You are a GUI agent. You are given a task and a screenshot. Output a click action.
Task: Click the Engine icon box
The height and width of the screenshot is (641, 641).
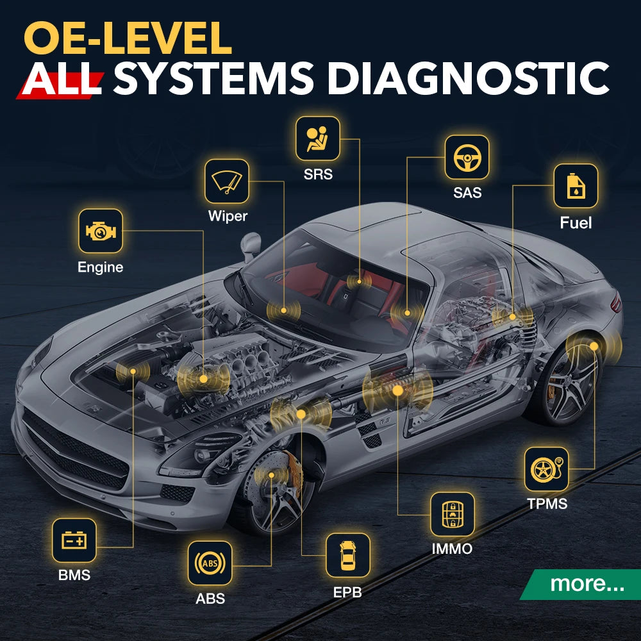coord(100,231)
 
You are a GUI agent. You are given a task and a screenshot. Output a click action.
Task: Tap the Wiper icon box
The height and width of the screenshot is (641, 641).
coord(227,181)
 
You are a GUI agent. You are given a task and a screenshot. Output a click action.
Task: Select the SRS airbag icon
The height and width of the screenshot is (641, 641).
coord(317,138)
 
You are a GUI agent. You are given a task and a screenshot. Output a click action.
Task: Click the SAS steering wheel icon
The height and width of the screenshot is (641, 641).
coord(467,157)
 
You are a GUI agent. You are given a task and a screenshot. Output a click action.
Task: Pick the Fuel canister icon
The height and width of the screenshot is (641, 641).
coord(575,186)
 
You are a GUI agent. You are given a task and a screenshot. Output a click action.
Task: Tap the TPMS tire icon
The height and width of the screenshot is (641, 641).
coord(546,469)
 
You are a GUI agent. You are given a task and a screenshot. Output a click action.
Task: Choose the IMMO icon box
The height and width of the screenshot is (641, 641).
coord(452,514)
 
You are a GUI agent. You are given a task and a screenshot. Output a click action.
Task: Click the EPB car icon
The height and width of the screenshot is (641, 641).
coord(347,555)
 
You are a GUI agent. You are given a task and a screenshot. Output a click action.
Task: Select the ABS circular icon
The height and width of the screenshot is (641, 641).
coord(210,563)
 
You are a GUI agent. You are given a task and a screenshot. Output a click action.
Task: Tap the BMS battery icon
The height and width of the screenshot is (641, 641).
coord(74,540)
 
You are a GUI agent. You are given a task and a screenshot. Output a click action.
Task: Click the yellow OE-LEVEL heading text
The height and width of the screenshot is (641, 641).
coord(128,38)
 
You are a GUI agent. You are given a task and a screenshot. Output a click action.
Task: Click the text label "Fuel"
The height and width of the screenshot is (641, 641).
coord(575,223)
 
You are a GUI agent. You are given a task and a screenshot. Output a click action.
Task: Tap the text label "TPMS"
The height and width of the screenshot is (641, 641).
coord(547,503)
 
